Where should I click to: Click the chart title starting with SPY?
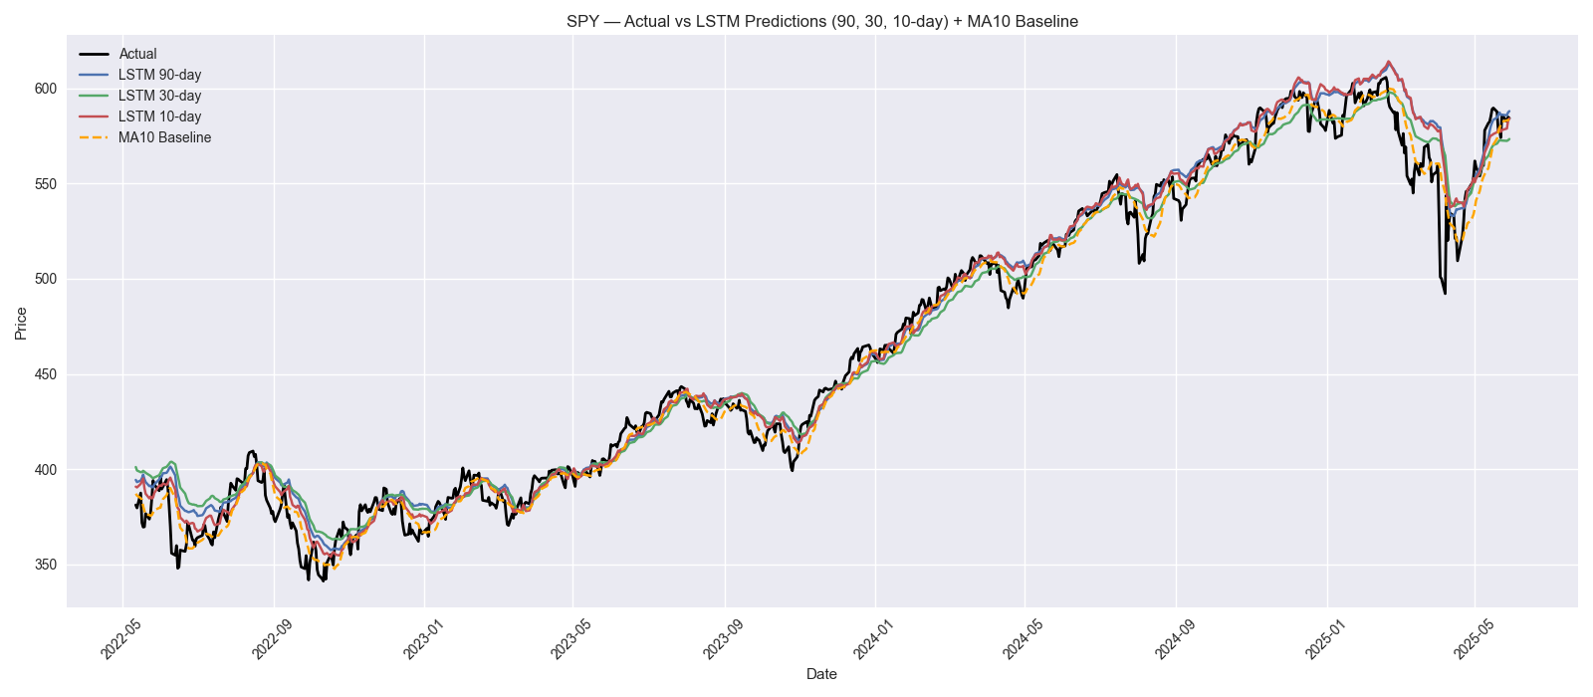coord(821,21)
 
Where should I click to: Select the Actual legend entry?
coord(137,54)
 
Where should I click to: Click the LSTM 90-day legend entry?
coord(159,75)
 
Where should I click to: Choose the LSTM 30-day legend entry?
coord(159,96)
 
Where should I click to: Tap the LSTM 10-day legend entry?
coord(159,116)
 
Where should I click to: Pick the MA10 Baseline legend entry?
coord(164,137)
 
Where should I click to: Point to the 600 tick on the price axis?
coord(45,89)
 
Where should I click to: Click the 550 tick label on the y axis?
coord(45,184)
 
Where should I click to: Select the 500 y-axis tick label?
coord(45,279)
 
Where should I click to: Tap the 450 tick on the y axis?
coord(45,374)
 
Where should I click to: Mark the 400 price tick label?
coord(45,470)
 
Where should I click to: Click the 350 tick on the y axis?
coord(45,565)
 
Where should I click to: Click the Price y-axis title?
coord(21,324)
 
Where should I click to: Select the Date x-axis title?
coord(821,674)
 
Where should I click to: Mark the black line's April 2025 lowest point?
coord(1445,293)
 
